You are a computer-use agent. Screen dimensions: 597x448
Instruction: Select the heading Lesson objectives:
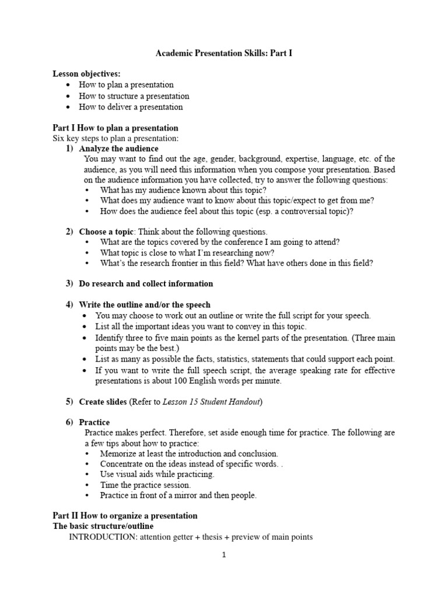86,73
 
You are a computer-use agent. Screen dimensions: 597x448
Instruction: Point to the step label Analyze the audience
118,149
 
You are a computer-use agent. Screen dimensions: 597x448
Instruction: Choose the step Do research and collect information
146,283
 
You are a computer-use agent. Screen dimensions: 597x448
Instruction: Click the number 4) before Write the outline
69,305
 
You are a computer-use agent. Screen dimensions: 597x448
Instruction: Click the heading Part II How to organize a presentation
125,516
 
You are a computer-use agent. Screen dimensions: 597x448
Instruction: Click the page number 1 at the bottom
223,555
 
